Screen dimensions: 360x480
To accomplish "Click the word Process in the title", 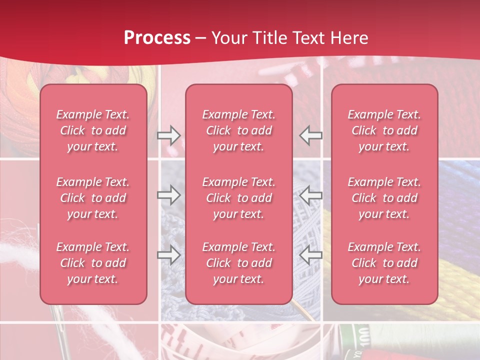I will (x=157, y=37).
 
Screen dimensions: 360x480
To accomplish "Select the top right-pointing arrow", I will (x=169, y=135).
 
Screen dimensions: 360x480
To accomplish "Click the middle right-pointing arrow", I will (x=169, y=195).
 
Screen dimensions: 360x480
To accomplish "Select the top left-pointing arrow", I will (x=311, y=135).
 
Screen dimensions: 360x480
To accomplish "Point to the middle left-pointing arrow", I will (x=311, y=195).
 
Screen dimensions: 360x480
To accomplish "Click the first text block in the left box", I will (x=93, y=130).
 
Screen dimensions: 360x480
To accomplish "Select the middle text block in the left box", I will (x=93, y=198).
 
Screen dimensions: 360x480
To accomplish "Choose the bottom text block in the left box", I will (x=93, y=263).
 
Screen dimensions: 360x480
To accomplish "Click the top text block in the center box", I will (x=239, y=130).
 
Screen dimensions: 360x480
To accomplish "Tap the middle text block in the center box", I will (x=239, y=198).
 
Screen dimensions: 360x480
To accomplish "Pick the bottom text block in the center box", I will (x=239, y=263).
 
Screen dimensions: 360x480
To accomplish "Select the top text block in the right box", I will (x=384, y=130).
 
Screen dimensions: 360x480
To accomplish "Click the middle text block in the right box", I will (x=384, y=198).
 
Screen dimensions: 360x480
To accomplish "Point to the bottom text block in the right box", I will (x=384, y=263).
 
